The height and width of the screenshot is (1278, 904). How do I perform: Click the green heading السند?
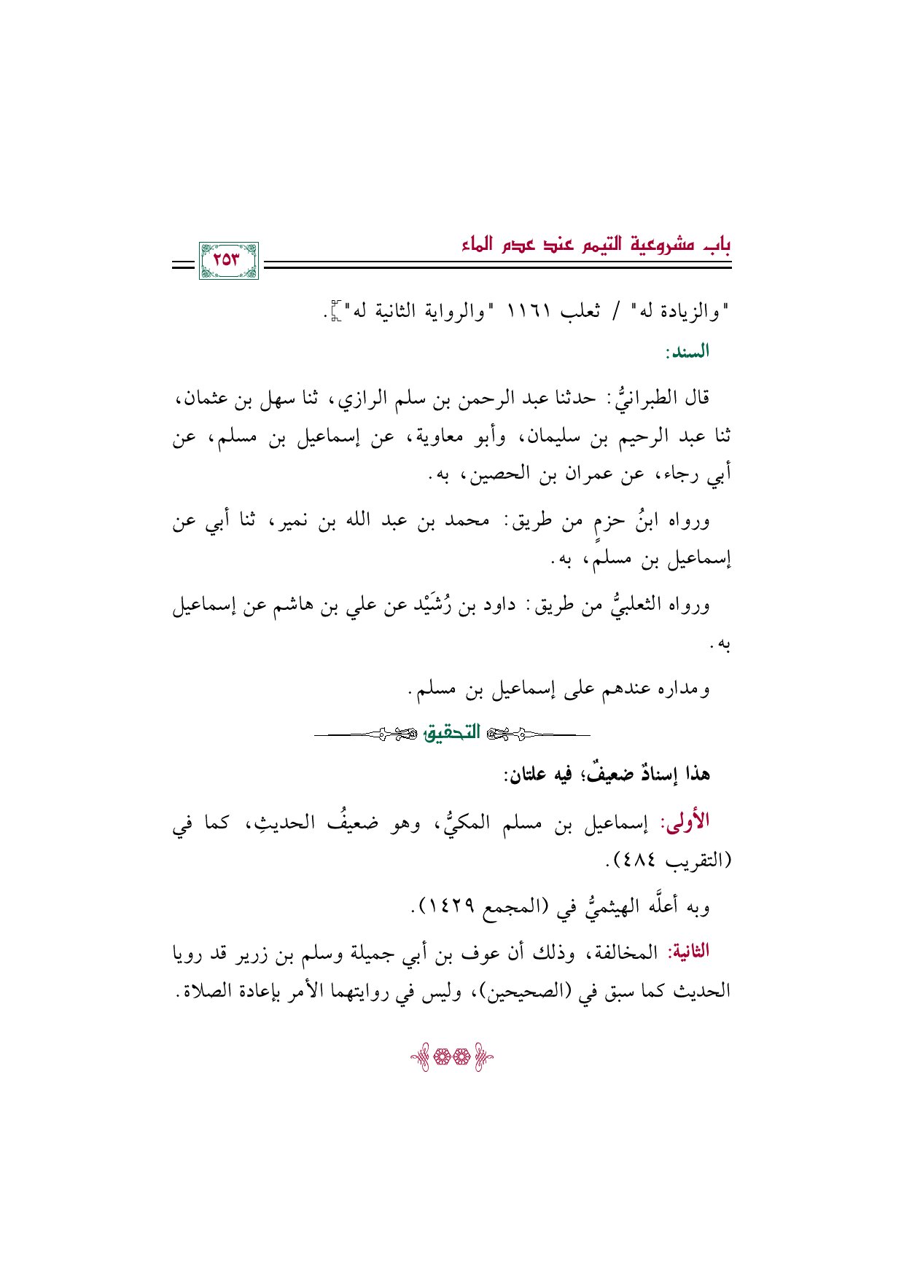pyautogui.click(x=687, y=353)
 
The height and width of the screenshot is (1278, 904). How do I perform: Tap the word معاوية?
pyautogui.click(x=429, y=437)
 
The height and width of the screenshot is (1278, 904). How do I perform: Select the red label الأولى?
pyautogui.click(x=685, y=822)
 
